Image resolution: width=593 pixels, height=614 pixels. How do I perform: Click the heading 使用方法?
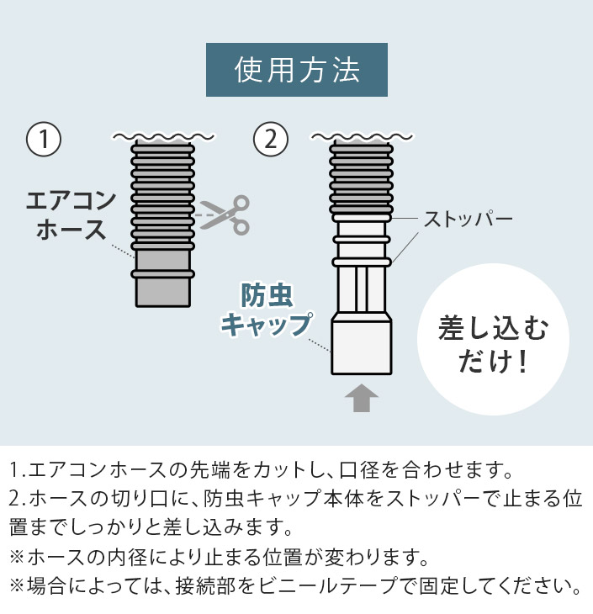coord(297,70)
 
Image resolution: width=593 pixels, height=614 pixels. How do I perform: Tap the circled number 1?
coord(44,139)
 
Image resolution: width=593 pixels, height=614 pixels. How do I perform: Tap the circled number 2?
coord(271,139)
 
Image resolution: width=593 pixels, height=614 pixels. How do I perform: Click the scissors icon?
coord(225,214)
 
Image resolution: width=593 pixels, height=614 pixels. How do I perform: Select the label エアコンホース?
coord(71,214)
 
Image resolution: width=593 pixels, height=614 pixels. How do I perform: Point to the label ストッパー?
coord(469,220)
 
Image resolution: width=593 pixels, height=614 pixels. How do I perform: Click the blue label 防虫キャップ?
coord(267,310)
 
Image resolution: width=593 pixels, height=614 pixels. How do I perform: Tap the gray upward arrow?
coord(361,398)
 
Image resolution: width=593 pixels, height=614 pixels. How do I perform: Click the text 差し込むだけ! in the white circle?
coord(493,344)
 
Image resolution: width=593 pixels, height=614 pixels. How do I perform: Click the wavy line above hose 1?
coord(163,136)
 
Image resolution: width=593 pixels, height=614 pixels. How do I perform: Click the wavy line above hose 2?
coord(362,136)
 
